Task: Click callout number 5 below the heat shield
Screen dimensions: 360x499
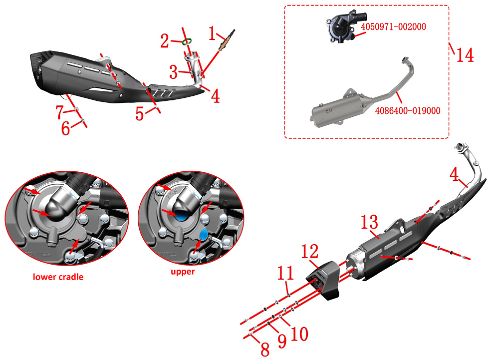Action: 140,114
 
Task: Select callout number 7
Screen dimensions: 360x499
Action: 59,113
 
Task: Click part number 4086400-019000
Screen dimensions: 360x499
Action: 409,110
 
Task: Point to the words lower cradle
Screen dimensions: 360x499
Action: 58,277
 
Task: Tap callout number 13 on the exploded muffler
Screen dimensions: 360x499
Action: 370,223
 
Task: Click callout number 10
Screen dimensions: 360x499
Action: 299,334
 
